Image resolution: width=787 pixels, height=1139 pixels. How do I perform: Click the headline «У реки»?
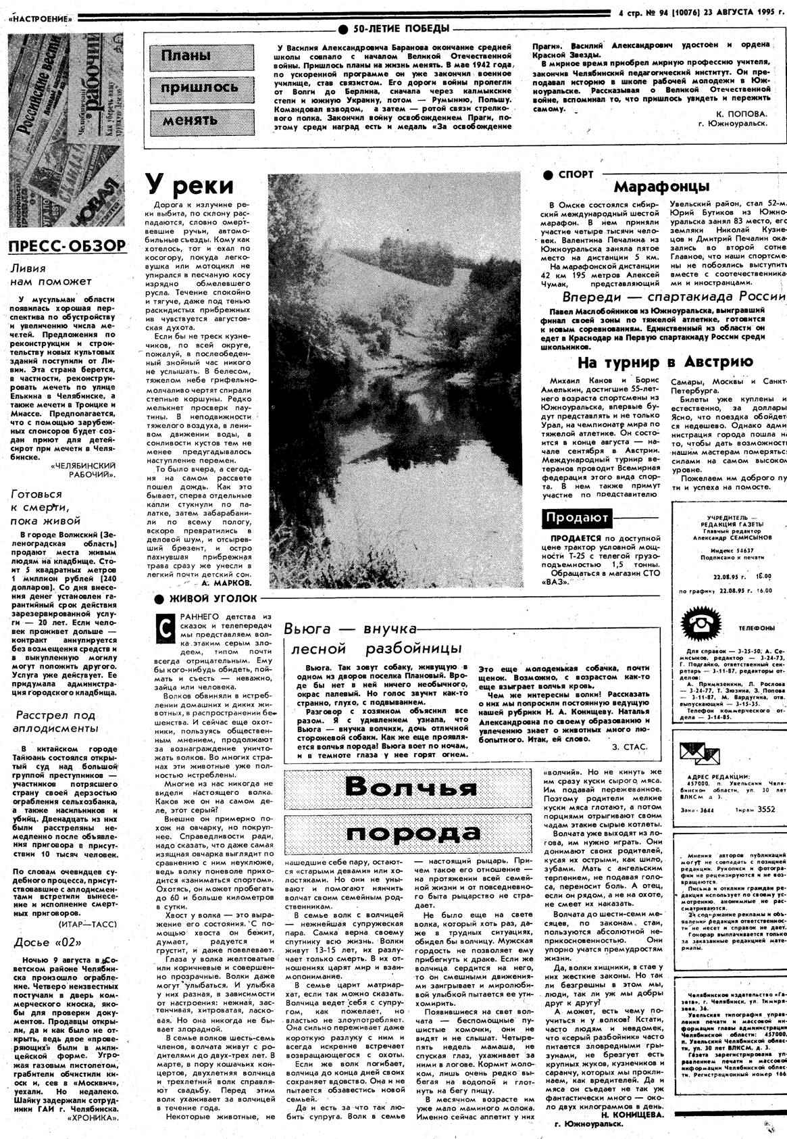click(190, 185)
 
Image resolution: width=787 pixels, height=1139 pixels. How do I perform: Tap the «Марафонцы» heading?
click(661, 186)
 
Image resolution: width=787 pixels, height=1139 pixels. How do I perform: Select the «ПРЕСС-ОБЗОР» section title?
click(68, 245)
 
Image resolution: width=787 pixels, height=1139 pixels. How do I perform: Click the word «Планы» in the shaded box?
click(186, 55)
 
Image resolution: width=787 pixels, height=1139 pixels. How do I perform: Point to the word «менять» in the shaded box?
click(190, 121)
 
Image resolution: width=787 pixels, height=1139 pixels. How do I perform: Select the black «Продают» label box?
click(577, 518)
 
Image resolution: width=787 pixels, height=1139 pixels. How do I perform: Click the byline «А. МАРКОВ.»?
click(227, 581)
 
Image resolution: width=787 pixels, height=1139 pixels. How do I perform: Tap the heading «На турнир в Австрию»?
click(665, 362)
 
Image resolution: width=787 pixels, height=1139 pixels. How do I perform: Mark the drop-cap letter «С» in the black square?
click(163, 627)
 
